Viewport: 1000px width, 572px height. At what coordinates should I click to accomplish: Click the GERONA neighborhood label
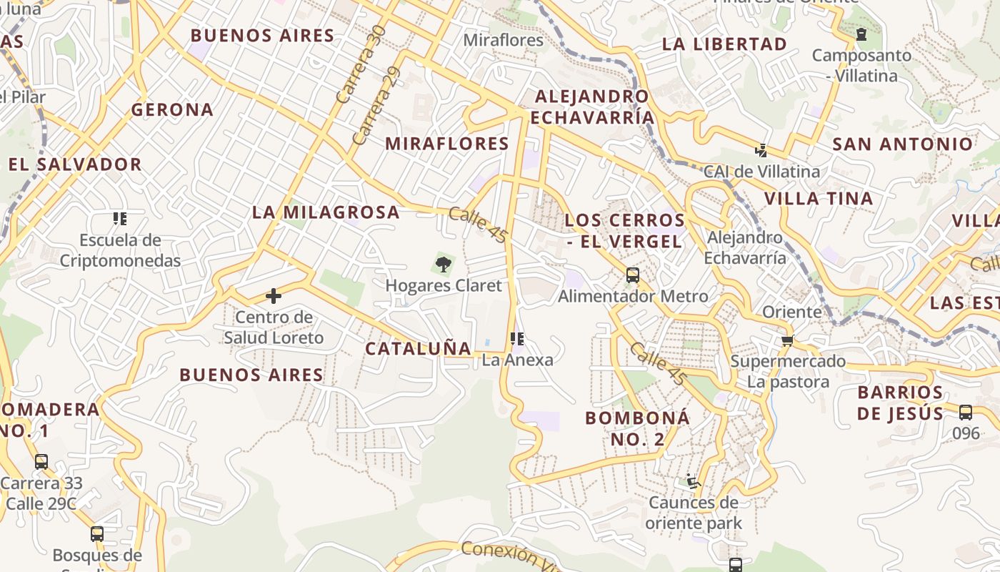tap(172, 109)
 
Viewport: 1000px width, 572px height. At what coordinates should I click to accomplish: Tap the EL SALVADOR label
tap(75, 164)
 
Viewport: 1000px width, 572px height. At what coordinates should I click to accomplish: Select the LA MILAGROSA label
tap(326, 212)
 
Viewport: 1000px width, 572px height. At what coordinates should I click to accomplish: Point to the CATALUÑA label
tap(419, 348)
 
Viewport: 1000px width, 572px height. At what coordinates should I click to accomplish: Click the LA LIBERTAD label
tap(724, 44)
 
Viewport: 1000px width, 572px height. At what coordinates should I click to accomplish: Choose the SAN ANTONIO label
tap(903, 144)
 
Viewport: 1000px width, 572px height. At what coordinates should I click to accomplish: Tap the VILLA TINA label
tap(819, 198)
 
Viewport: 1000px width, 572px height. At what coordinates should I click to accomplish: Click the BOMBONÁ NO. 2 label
tap(638, 428)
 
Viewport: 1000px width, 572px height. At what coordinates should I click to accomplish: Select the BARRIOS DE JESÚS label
tap(900, 403)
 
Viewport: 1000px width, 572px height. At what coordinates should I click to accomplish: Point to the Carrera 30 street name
tap(360, 64)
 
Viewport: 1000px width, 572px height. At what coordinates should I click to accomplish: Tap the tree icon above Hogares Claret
tap(444, 264)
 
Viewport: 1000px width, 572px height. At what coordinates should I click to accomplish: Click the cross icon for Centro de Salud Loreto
tap(273, 295)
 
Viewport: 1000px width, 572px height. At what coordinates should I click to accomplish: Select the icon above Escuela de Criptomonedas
tap(119, 218)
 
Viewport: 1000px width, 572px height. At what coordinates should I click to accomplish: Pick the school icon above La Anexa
tap(517, 338)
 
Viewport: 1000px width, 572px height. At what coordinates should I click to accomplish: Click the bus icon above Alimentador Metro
tap(632, 275)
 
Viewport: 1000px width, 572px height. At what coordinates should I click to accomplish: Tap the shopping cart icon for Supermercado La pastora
tap(787, 340)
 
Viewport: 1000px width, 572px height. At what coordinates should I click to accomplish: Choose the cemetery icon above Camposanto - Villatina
tap(861, 34)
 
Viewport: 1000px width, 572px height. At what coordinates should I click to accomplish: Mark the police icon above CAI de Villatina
tap(761, 151)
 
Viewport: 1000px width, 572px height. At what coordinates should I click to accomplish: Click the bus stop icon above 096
tap(965, 412)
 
